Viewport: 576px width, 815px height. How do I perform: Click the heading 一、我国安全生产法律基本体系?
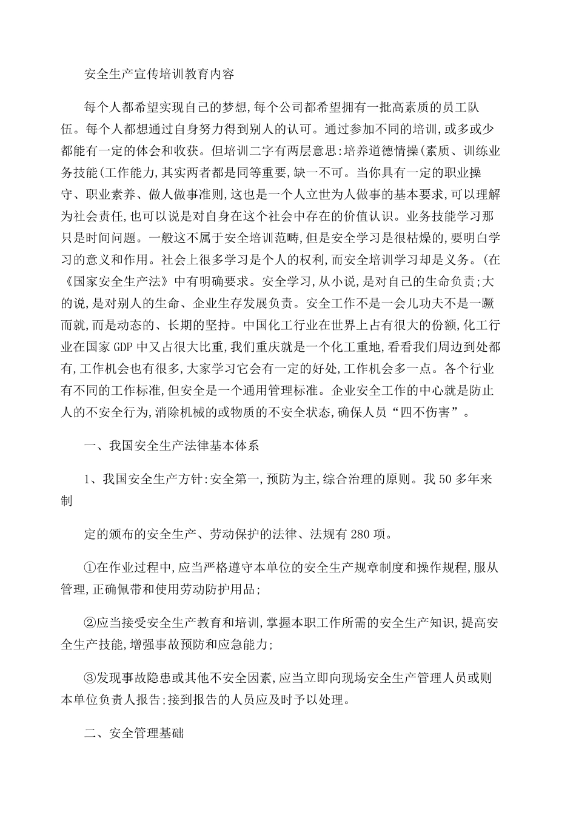coord(172,446)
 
